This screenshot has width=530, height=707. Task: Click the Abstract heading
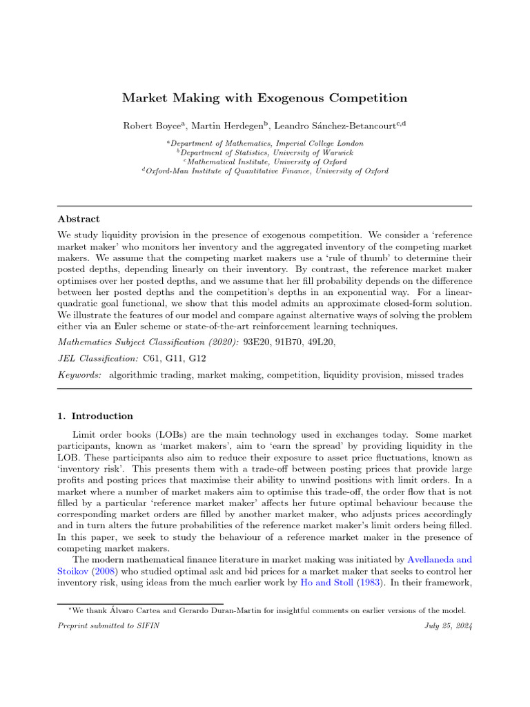click(x=79, y=219)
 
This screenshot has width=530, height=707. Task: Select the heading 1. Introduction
click(x=95, y=416)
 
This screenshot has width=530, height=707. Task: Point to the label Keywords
click(x=79, y=374)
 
